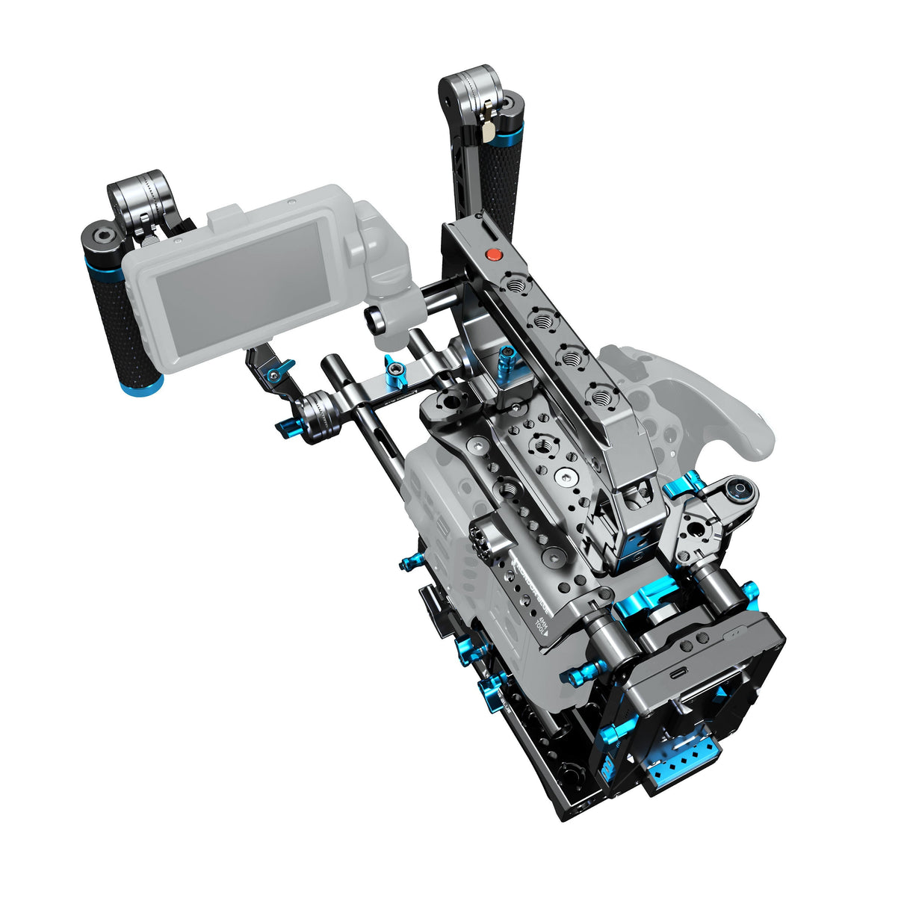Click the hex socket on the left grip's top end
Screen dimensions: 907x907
96,239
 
